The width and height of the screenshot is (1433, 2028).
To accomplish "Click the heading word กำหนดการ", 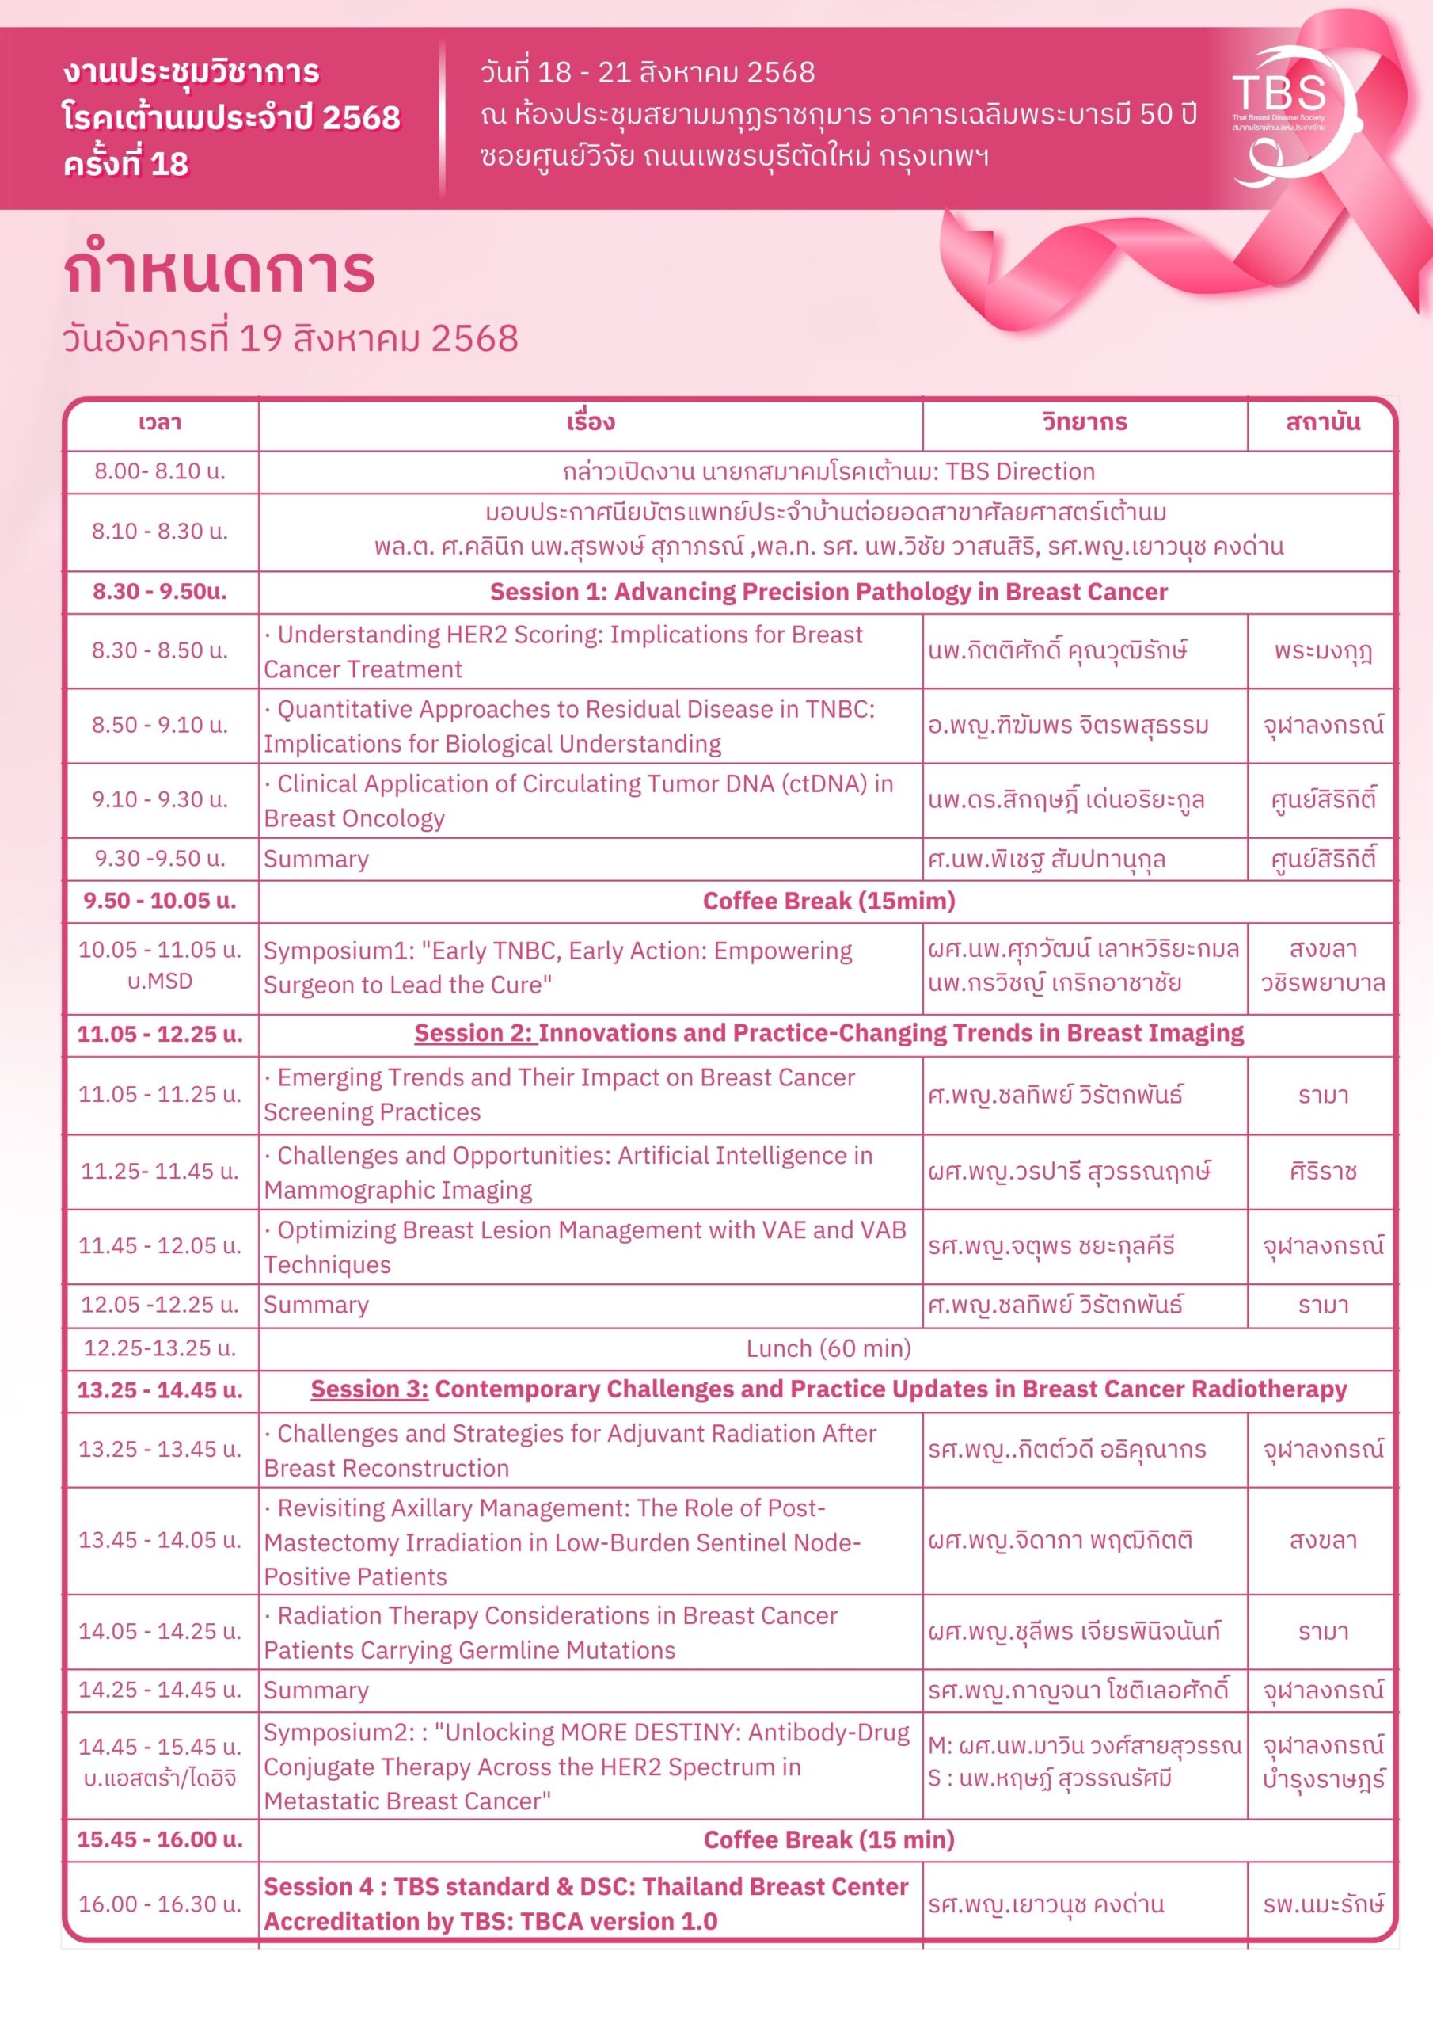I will click(219, 271).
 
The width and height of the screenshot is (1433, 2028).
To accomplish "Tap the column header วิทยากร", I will click(1084, 422).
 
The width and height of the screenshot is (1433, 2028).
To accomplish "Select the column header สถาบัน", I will click(1321, 422).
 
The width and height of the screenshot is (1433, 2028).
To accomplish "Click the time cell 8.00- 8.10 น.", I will click(160, 471).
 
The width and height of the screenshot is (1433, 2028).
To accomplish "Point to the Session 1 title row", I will click(828, 592).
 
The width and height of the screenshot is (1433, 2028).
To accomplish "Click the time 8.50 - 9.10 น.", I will click(160, 725).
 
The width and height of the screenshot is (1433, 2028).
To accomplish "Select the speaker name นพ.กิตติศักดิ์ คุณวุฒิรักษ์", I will click(1057, 651).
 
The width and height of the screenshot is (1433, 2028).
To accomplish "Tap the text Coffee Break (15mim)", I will click(828, 901).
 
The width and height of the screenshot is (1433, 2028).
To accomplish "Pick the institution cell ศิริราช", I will click(1321, 1171).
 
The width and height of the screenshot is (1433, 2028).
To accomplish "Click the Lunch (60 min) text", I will click(828, 1348).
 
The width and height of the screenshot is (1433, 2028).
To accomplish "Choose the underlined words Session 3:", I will click(369, 1389).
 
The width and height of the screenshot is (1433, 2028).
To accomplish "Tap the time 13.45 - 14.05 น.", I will click(160, 1539).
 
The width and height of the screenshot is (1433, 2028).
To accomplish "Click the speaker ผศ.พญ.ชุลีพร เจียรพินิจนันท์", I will click(1074, 1630).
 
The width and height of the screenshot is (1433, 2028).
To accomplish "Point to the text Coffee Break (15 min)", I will click(828, 1840).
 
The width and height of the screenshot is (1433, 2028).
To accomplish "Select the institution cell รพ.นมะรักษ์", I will click(1321, 1904).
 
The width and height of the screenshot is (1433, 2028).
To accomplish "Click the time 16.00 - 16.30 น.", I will click(160, 1904).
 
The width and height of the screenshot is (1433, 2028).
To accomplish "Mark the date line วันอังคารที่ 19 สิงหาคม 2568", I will click(291, 338).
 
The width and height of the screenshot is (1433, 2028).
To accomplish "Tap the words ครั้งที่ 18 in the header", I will click(125, 164).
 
